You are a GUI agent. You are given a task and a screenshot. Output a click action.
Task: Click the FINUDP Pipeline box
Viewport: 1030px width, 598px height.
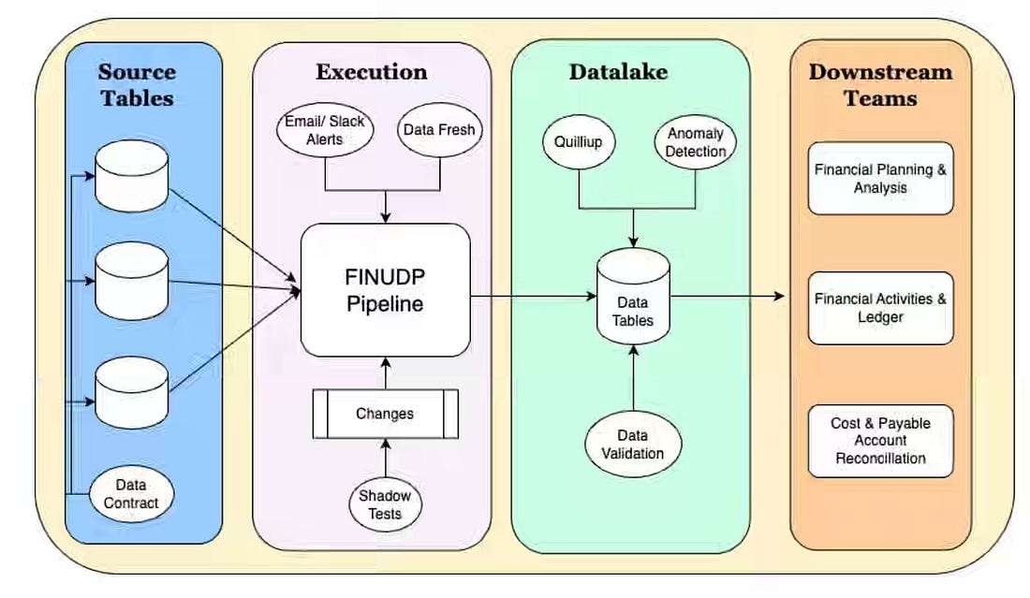[x=386, y=290]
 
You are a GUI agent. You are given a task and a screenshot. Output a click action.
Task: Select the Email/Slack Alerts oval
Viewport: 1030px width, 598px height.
[x=325, y=130]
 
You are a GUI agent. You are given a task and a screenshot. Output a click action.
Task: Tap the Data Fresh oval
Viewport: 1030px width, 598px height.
[x=439, y=130]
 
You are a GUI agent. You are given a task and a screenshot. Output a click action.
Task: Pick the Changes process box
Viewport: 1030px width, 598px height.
[x=386, y=414]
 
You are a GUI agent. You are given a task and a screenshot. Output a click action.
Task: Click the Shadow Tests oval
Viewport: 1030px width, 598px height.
[x=386, y=504]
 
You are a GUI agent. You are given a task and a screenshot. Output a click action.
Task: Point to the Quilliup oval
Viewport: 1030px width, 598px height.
[x=578, y=142]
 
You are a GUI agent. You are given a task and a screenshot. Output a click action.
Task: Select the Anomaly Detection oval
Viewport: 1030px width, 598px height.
[x=696, y=142]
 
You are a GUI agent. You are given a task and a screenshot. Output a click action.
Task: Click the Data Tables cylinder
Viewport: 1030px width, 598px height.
[x=633, y=297]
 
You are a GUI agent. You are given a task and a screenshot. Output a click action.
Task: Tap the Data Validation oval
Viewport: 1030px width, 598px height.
[x=633, y=445]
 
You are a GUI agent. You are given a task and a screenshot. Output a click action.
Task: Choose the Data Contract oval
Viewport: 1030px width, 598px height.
[x=131, y=493]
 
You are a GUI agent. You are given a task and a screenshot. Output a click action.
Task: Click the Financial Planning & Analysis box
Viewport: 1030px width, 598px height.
[x=880, y=179]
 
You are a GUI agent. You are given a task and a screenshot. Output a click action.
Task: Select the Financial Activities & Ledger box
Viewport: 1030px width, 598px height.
[x=880, y=308]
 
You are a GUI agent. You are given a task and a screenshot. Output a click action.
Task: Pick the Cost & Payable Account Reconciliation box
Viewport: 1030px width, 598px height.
[x=880, y=441]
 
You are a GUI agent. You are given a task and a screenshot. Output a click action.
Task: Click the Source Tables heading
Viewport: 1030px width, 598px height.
[x=138, y=84]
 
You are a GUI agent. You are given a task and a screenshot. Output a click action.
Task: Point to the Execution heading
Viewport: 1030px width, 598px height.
[x=372, y=71]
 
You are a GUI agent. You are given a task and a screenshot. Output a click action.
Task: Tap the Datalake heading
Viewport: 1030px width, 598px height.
[x=618, y=71]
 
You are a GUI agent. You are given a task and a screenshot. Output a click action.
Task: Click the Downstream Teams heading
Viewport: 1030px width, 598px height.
[x=880, y=84]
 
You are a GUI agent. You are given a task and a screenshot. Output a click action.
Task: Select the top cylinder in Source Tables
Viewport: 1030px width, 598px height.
[x=131, y=176]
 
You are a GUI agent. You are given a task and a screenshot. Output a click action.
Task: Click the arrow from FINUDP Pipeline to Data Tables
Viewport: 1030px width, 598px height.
[x=534, y=296]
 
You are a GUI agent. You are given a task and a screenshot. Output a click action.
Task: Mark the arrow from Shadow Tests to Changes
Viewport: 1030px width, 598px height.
[x=386, y=459]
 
